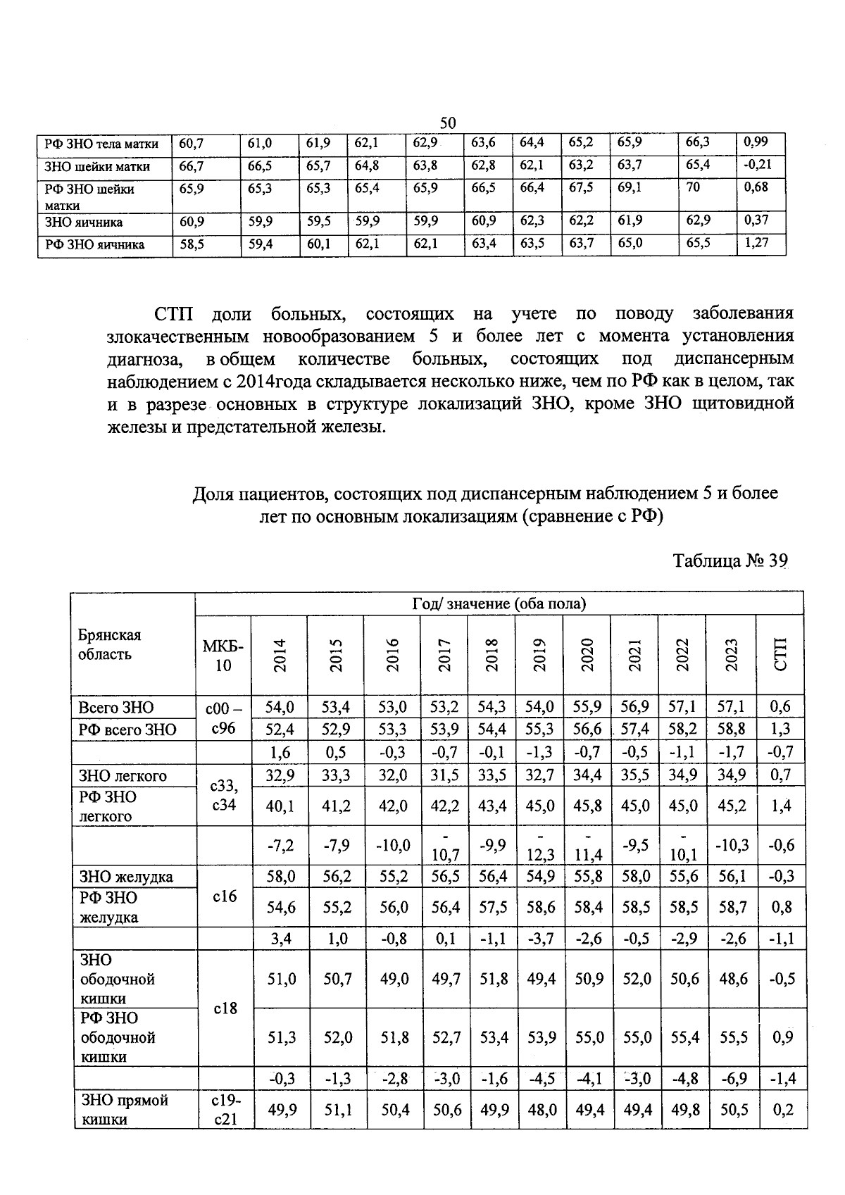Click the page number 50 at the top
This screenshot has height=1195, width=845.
(x=448, y=123)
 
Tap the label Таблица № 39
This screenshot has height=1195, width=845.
(x=729, y=561)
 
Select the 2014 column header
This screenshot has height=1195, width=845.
(x=280, y=655)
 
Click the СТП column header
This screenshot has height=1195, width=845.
(x=780, y=655)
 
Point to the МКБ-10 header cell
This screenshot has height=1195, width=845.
(x=223, y=655)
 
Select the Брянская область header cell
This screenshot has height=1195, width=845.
(x=110, y=644)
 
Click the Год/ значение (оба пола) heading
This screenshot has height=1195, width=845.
(x=499, y=604)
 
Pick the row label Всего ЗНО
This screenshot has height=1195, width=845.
(x=116, y=708)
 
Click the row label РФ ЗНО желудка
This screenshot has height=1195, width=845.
(x=109, y=908)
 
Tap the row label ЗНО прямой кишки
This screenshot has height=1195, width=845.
(x=115, y=1110)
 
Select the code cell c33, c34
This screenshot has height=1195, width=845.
(x=223, y=796)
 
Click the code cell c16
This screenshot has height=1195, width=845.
(x=223, y=896)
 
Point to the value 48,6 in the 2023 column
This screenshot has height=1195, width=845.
(x=732, y=980)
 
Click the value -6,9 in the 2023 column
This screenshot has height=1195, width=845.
(x=732, y=1079)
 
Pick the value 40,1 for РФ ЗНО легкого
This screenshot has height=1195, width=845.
(x=280, y=806)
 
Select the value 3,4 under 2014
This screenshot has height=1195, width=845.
(x=280, y=939)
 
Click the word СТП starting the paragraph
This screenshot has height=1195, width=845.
(x=173, y=313)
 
